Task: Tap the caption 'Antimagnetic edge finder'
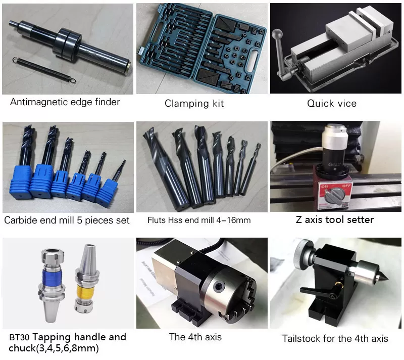(65, 102)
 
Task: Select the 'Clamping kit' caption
(194, 104)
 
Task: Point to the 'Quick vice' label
(332, 104)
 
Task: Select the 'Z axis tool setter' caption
(334, 219)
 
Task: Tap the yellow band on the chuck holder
(89, 291)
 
